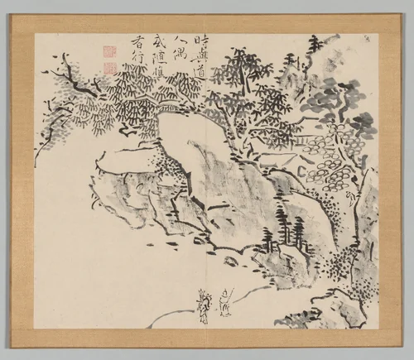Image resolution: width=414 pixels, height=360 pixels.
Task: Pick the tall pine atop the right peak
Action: pyautogui.click(x=314, y=46)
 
